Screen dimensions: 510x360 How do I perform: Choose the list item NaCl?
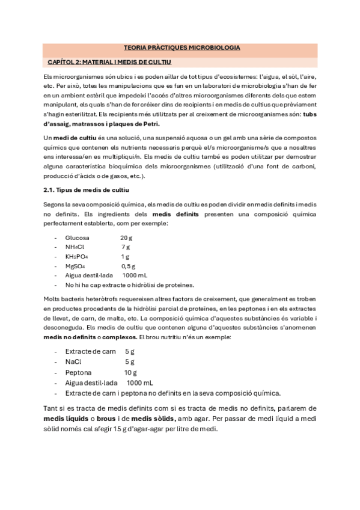(73, 361)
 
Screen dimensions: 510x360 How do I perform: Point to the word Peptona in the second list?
(79, 372)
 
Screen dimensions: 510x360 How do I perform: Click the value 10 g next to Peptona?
(130, 372)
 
